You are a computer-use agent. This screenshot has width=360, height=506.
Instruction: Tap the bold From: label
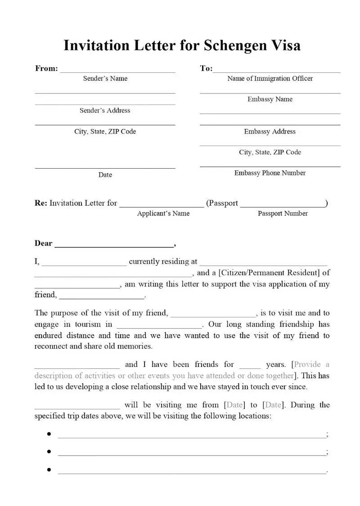(46, 68)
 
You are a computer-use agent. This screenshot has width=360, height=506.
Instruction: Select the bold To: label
(206, 68)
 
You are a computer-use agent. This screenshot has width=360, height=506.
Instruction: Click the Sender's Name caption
(105, 78)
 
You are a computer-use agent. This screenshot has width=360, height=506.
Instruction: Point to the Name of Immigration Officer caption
(270, 78)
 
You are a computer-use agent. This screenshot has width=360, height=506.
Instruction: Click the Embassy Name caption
(270, 99)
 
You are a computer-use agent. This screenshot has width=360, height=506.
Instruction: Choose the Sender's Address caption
(105, 110)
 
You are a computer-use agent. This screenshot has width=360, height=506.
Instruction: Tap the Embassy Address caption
(270, 131)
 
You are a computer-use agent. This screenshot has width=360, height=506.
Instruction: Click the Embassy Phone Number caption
(270, 173)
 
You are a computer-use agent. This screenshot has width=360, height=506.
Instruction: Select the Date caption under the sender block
(105, 175)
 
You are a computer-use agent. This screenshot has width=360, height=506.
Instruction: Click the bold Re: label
(41, 203)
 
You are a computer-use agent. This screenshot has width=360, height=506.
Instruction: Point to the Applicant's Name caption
(163, 213)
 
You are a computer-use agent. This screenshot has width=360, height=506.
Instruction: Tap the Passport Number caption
(283, 213)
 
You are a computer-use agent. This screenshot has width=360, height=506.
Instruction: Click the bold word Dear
(44, 243)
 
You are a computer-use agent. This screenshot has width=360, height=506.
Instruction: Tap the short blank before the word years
(250, 367)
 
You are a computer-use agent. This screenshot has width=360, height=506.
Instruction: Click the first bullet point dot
(49, 434)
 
